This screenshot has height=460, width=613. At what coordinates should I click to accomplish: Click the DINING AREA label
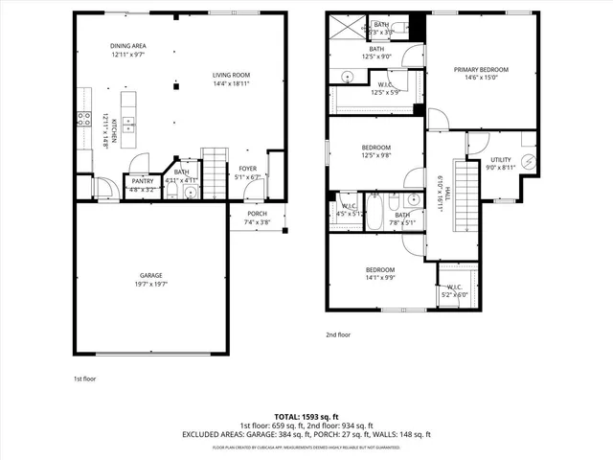[x=127, y=46]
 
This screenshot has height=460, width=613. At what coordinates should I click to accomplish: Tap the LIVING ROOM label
[x=231, y=75]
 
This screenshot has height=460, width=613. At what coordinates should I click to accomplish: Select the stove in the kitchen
[x=83, y=120]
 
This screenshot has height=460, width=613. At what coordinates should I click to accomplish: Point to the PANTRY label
[x=142, y=180]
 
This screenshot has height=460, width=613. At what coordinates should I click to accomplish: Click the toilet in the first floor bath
[x=190, y=192]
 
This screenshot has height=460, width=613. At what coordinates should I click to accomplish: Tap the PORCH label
[x=257, y=213]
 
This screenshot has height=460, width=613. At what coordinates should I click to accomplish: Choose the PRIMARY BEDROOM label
[x=481, y=70]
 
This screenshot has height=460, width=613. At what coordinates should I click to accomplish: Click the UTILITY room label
[x=501, y=159]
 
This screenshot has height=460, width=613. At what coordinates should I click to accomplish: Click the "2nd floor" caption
[x=339, y=334]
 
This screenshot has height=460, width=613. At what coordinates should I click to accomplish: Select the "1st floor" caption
[x=86, y=379]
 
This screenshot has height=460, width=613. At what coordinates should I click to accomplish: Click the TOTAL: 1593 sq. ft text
[x=306, y=417]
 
